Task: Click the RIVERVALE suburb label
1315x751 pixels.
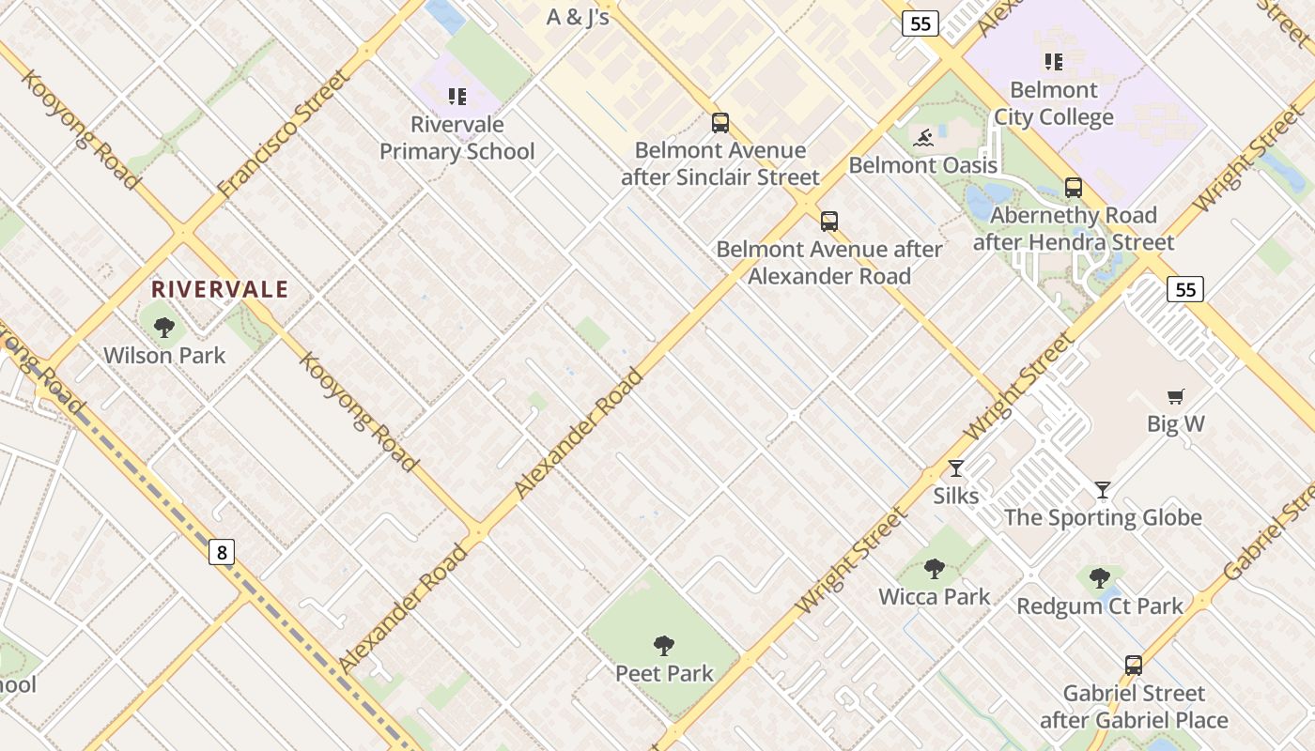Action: tap(220, 289)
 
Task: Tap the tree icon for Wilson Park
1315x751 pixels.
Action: tap(164, 328)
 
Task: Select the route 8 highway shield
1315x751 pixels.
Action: tap(222, 552)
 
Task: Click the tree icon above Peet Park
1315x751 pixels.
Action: tap(664, 646)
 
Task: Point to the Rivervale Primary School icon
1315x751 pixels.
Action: tap(457, 96)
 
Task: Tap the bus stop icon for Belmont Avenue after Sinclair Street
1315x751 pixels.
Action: tap(720, 123)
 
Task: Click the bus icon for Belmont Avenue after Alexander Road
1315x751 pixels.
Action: tap(828, 222)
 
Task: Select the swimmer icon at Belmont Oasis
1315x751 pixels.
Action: tap(923, 139)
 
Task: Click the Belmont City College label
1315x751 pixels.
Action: tap(1054, 103)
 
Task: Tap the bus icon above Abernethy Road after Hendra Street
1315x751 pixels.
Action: tap(1074, 188)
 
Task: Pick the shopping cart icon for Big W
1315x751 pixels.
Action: tap(1175, 396)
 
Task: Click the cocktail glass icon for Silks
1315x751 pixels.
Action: tap(956, 468)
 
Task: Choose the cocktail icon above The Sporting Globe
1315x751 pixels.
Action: tap(1103, 490)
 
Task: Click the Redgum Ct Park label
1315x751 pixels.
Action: tap(1100, 605)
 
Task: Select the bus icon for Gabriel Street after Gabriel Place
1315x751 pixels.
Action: tap(1134, 666)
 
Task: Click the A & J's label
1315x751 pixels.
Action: tap(579, 17)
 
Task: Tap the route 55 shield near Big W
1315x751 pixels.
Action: tap(1185, 289)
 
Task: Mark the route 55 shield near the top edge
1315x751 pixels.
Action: tap(920, 23)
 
